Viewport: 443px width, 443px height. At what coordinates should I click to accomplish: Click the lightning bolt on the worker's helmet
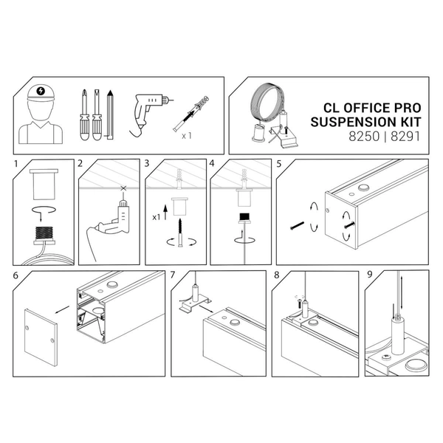(x=41, y=94)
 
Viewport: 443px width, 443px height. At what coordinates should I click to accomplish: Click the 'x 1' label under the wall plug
(x=188, y=136)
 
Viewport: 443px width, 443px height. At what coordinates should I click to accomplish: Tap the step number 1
(x=16, y=163)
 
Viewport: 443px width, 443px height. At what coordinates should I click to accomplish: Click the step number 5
(x=278, y=163)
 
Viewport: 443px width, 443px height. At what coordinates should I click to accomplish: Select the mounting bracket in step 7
(x=193, y=303)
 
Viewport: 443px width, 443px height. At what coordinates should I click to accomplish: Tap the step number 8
(x=276, y=276)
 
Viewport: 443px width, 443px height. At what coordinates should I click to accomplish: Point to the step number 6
(x=16, y=276)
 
